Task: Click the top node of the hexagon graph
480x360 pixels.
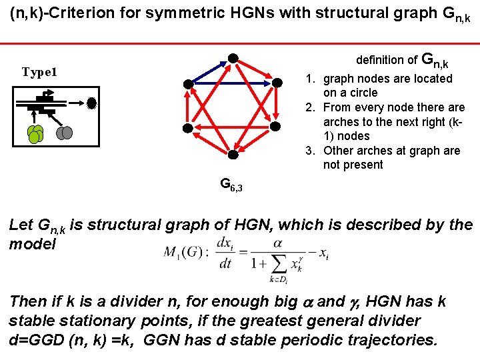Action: pyautogui.click(x=233, y=57)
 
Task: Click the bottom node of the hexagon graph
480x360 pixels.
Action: pyautogui.click(x=233, y=155)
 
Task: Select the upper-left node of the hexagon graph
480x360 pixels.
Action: pyautogui.click(x=189, y=83)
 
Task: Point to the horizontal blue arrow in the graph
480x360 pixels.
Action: pyautogui.click(x=233, y=83)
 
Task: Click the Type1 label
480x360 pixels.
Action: pyautogui.click(x=40, y=71)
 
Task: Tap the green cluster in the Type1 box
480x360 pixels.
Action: pyautogui.click(x=36, y=135)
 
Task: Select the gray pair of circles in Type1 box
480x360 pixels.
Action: pyautogui.click(x=64, y=133)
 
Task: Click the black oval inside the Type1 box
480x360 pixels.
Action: pyautogui.click(x=92, y=103)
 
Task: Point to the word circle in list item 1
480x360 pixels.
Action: pyautogui.click(x=360, y=93)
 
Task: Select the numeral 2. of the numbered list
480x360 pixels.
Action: pyautogui.click(x=310, y=107)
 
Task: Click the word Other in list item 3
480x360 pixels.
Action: pyautogui.click(x=339, y=151)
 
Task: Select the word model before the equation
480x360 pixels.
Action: pyautogui.click(x=33, y=244)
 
